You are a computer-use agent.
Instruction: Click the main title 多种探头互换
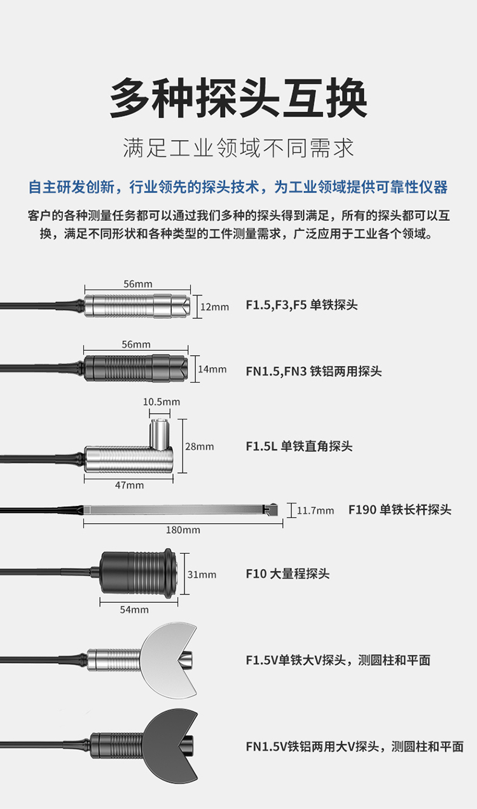pos(238,97)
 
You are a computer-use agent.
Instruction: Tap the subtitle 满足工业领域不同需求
pos(238,148)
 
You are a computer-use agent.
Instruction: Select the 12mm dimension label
pos(215,307)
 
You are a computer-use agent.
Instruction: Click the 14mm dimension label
pos(212,369)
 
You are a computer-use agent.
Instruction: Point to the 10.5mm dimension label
pos(162,402)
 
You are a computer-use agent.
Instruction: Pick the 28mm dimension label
pos(200,447)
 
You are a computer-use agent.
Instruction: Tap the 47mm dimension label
pos(129,485)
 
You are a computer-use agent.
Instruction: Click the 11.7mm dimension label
pos(315,510)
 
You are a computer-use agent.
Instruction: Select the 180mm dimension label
pos(183,530)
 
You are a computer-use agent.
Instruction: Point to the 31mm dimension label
pos(202,575)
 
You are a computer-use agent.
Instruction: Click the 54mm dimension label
pos(134,610)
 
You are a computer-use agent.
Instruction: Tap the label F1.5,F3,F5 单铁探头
pos(301,305)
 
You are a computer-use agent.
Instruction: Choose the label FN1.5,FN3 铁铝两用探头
pos(314,371)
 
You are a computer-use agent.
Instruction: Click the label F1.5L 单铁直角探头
pos(299,446)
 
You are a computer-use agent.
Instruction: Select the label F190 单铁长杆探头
pos(400,510)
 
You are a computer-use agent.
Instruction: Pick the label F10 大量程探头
pos(287,573)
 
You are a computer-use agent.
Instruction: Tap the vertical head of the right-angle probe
pos(160,435)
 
